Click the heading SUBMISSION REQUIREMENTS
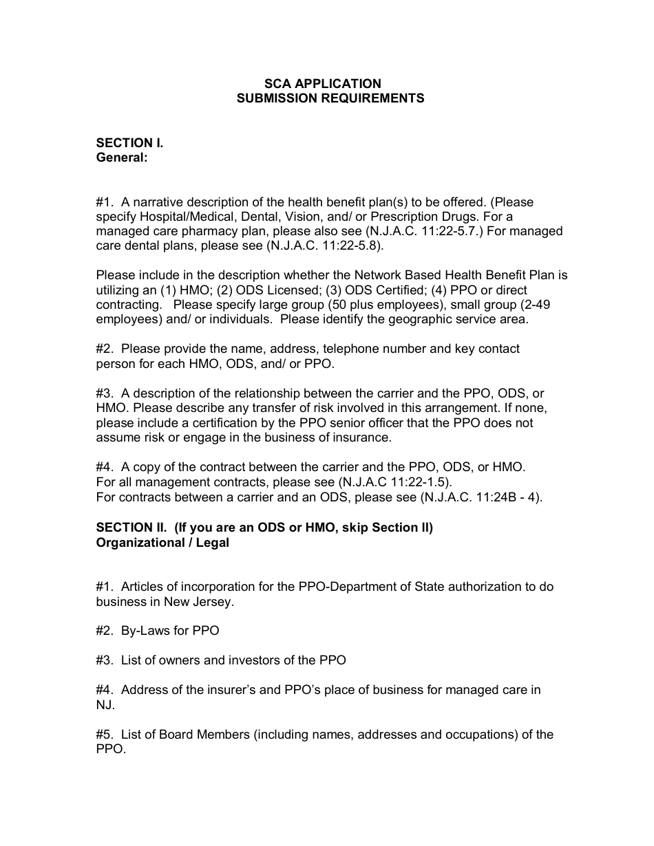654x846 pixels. (x=330, y=98)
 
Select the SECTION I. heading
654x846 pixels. (x=129, y=143)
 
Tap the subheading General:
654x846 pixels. (x=122, y=158)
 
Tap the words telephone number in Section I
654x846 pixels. (x=333, y=349)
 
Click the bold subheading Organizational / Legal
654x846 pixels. (x=162, y=543)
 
